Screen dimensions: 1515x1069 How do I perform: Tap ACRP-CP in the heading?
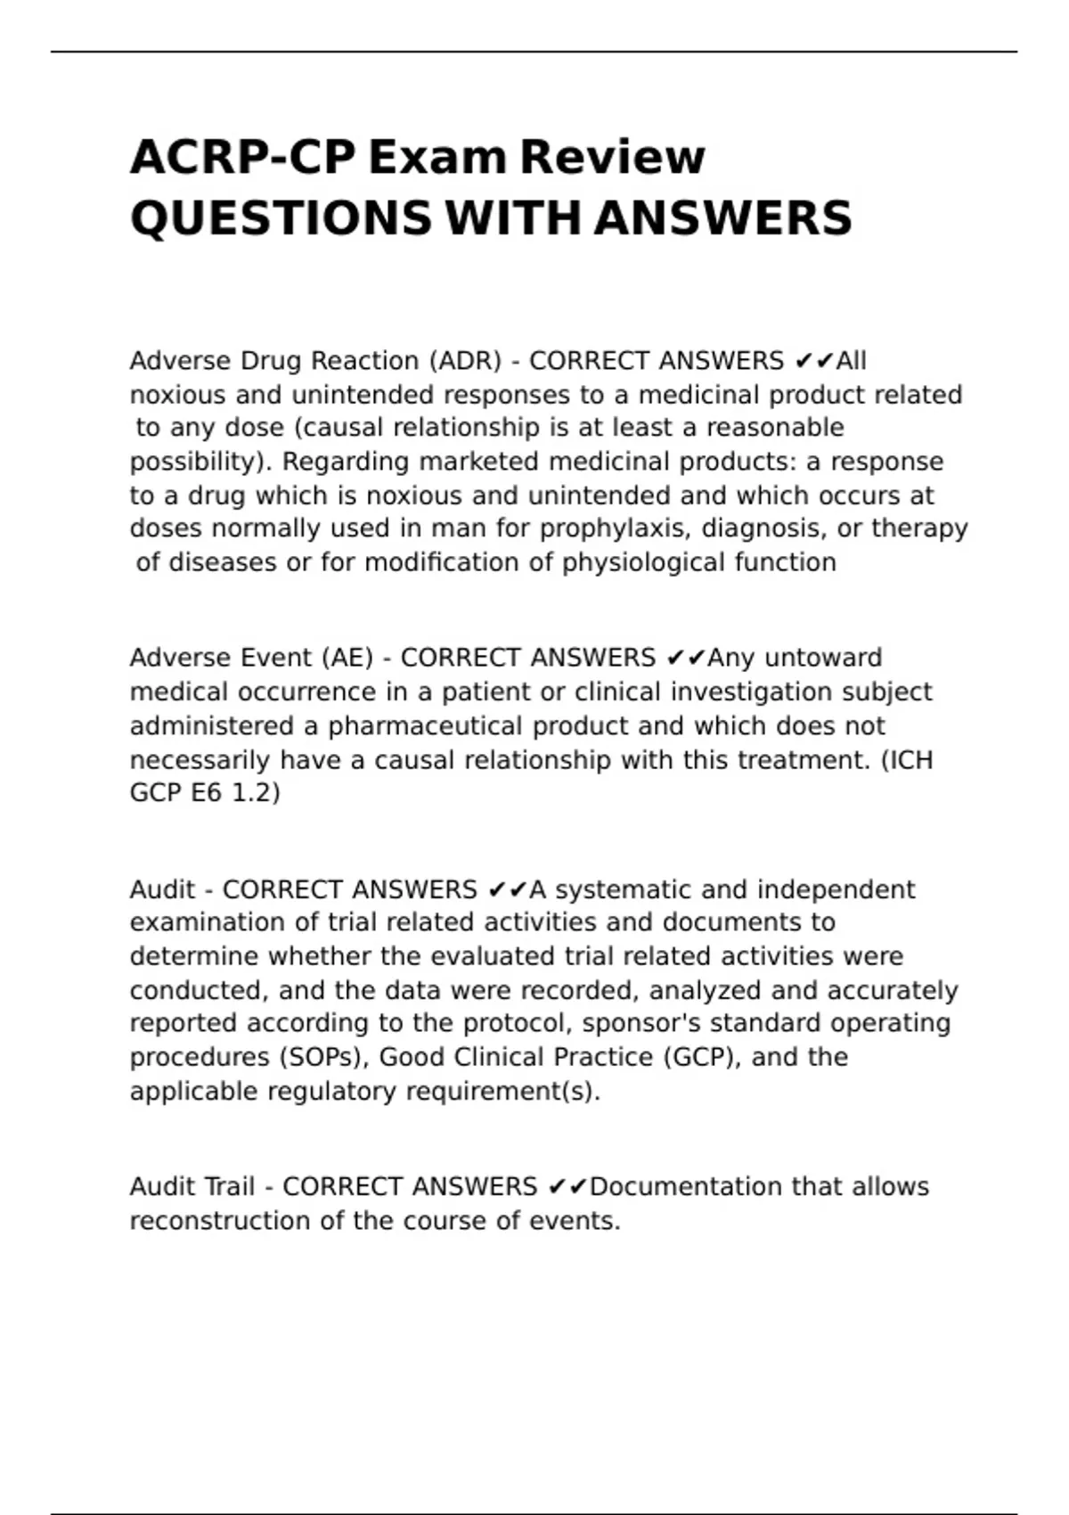(x=242, y=158)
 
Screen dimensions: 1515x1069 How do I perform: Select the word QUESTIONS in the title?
(x=281, y=219)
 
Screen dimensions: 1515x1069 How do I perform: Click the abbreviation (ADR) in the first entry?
(x=465, y=361)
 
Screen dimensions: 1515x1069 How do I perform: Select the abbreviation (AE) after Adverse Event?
(x=341, y=658)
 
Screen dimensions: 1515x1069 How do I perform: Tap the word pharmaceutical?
(x=428, y=725)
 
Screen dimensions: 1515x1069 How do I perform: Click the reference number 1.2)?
(x=256, y=792)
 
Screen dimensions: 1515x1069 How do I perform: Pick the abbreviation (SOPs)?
(x=326, y=1057)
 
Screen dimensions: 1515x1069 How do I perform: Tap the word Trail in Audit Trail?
(x=230, y=1187)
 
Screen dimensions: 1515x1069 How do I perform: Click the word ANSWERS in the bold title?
(x=722, y=219)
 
